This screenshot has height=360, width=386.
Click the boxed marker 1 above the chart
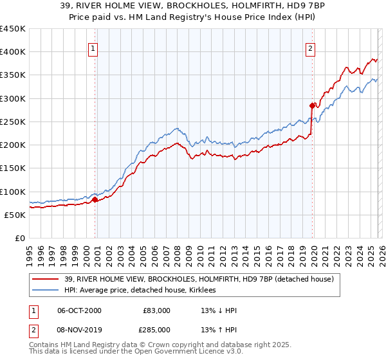pyautogui.click(x=93, y=48)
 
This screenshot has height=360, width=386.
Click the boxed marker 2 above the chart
pyautogui.click(x=311, y=48)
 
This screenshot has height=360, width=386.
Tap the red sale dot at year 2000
pyautogui.click(x=95, y=199)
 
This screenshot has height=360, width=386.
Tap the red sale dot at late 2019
pyautogui.click(x=312, y=105)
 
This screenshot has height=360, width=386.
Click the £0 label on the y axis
pyautogui.click(x=21, y=238)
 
